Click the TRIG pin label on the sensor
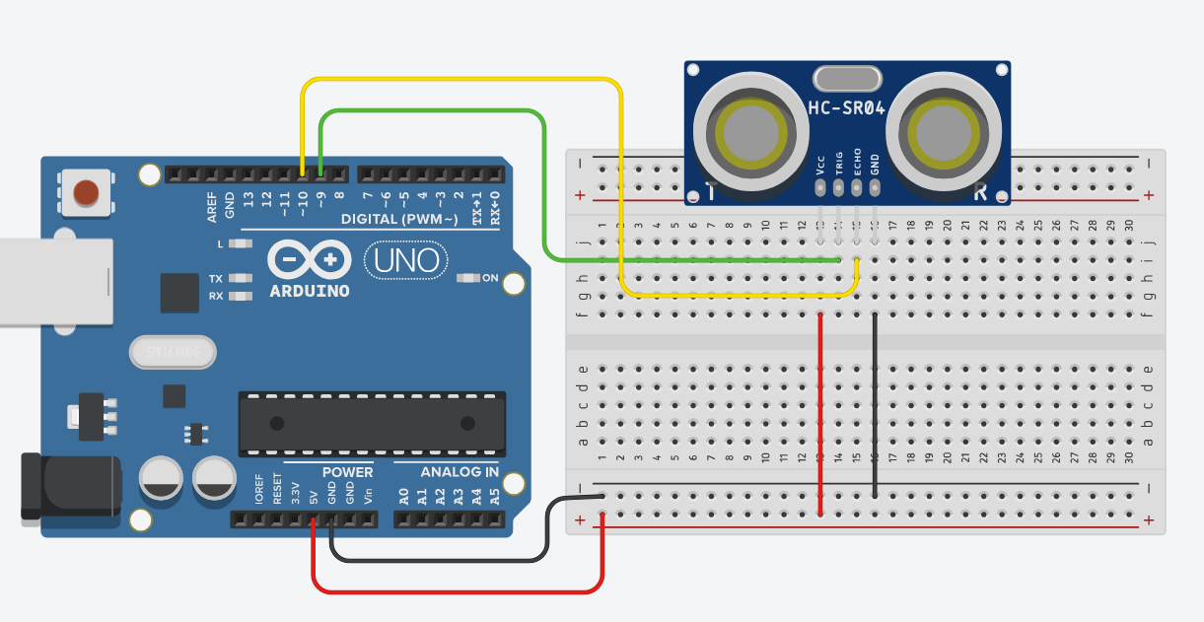pos(839,162)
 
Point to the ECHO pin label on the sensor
pos(857,162)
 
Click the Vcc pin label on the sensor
pos(820,162)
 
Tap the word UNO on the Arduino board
pos(405,261)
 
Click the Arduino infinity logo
pos(310,260)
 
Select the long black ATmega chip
pos(372,423)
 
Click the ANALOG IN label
pos(460,472)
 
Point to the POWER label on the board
pos(347,472)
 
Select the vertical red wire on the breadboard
pos(820,414)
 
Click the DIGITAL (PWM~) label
pos(398,218)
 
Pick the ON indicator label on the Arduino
pos(490,278)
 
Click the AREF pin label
pos(212,206)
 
